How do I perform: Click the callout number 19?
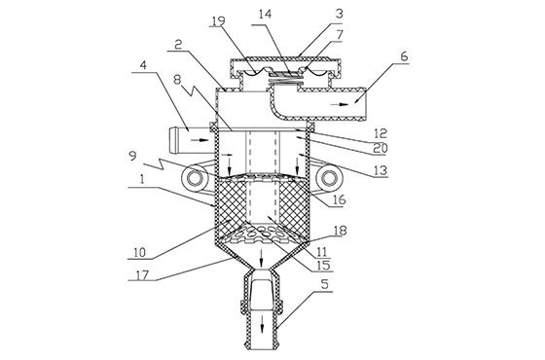(x=218, y=20)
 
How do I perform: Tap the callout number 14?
(x=265, y=14)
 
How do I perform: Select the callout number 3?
(x=340, y=14)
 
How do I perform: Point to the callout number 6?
(x=404, y=56)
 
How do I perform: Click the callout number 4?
(x=143, y=65)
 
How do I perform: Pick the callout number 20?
(x=381, y=148)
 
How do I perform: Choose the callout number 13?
(x=381, y=170)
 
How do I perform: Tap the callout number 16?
(x=340, y=199)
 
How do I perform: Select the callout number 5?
(x=325, y=284)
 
